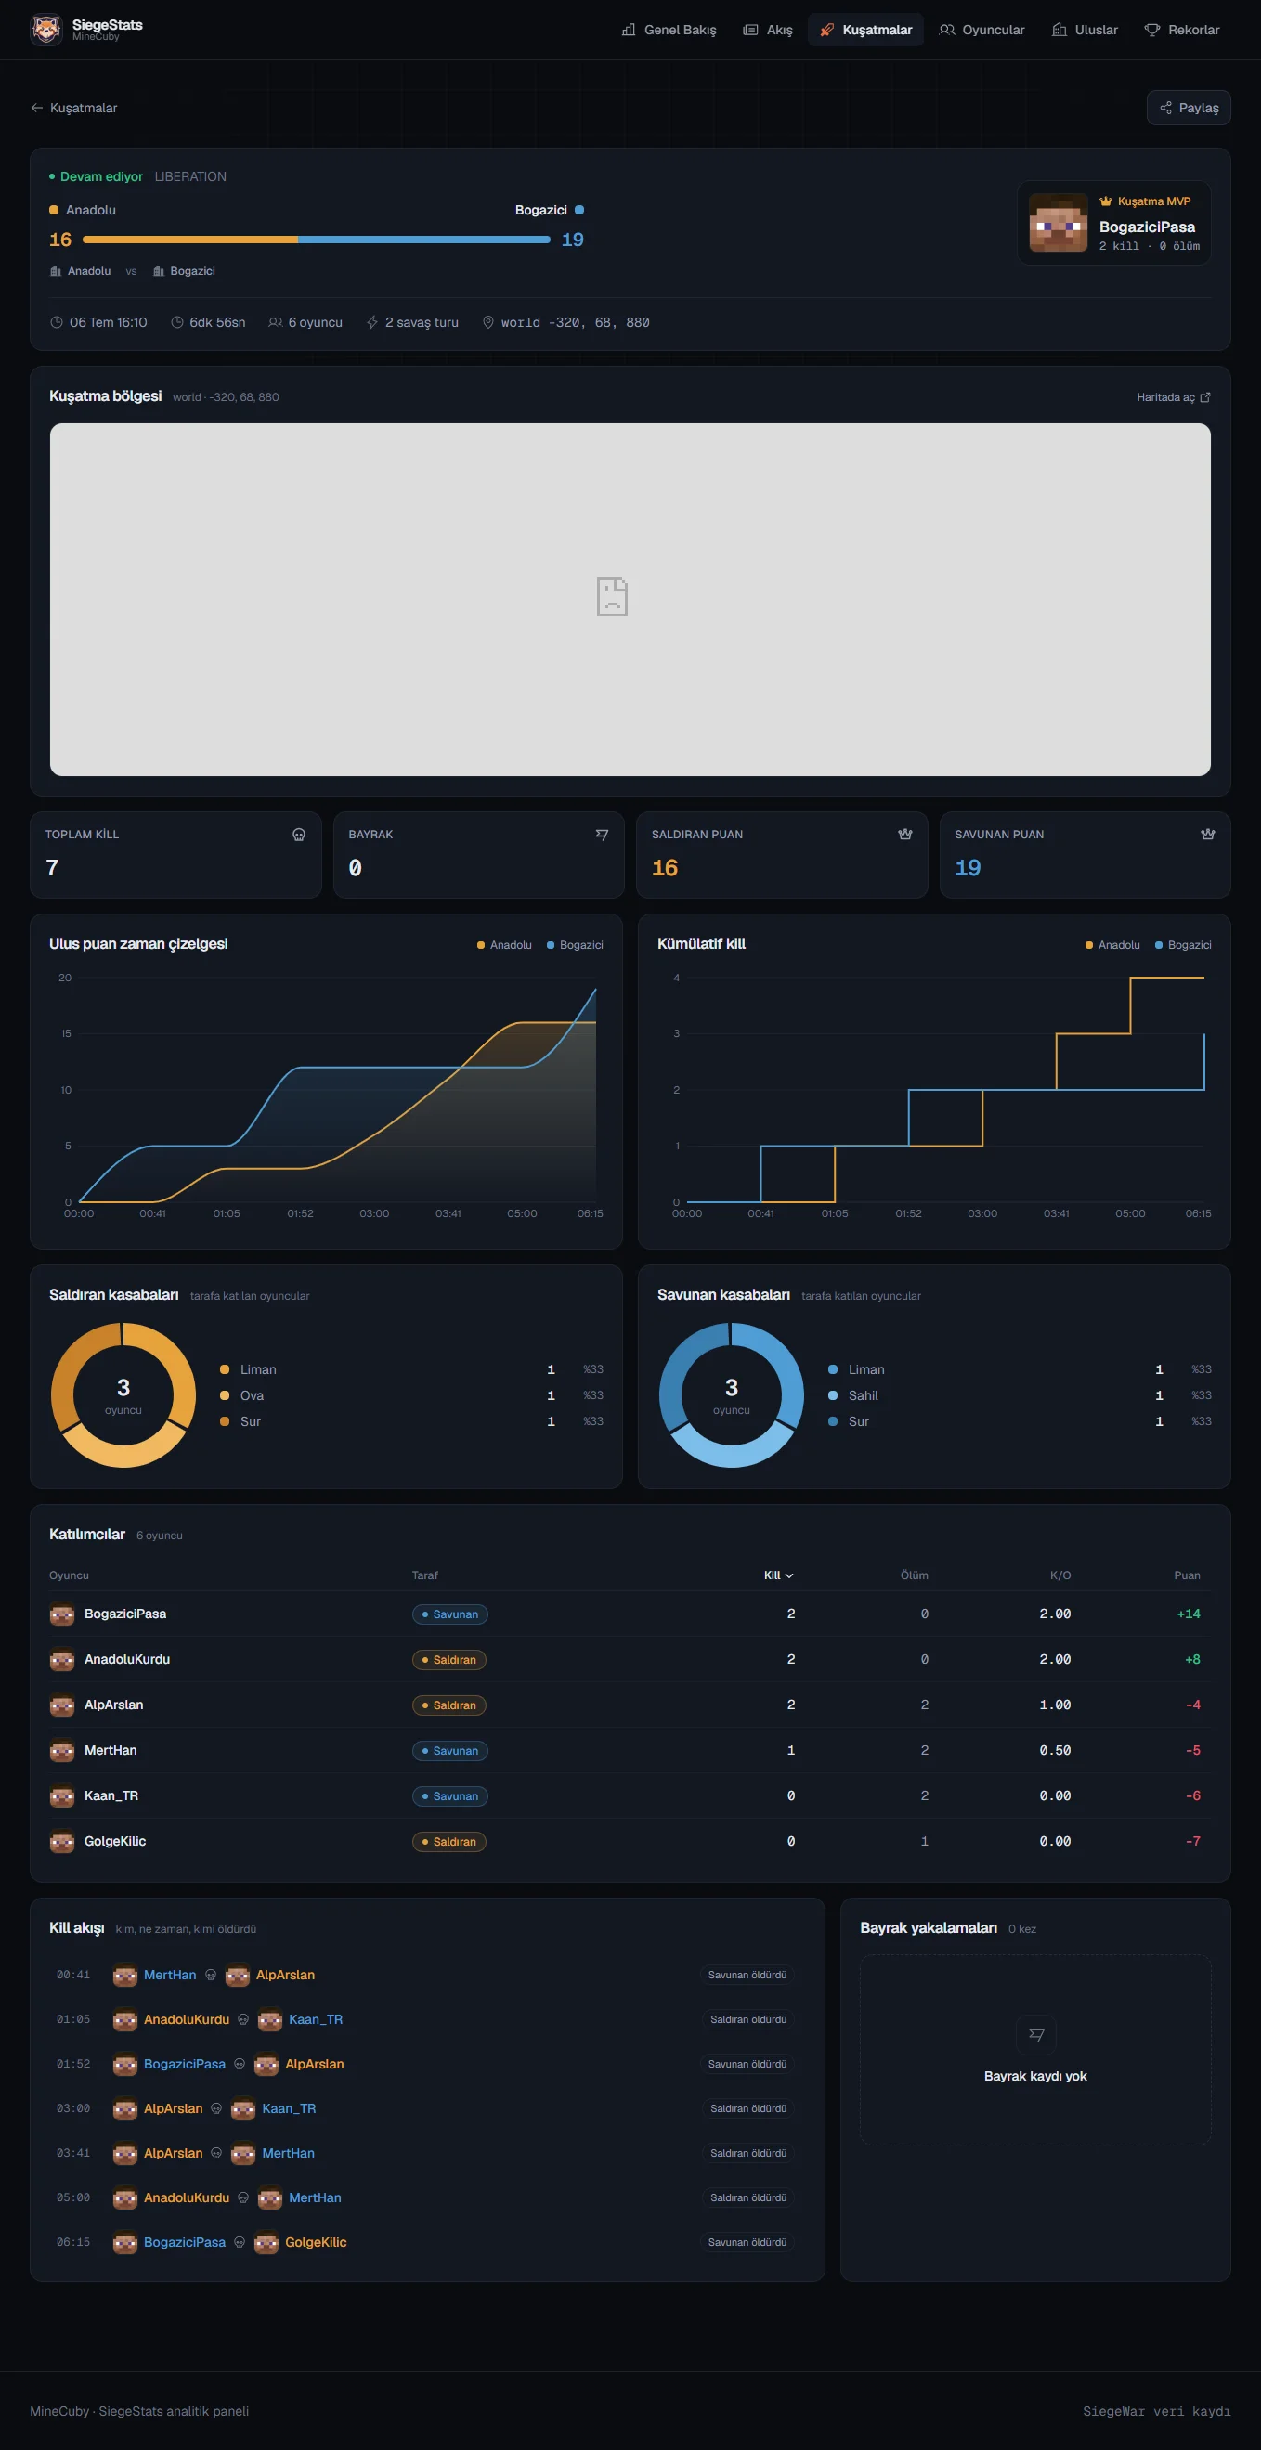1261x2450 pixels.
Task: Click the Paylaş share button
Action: click(x=1188, y=108)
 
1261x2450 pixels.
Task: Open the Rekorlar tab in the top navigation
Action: click(x=1181, y=30)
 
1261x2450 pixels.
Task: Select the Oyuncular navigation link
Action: click(x=981, y=30)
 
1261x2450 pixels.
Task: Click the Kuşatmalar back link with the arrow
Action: click(x=74, y=108)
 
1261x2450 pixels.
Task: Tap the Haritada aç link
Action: click(x=1174, y=396)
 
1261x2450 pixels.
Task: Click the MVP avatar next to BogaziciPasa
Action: click(x=1058, y=223)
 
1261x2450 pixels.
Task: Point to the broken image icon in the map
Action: click(x=612, y=596)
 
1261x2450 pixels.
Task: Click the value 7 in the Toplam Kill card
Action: click(x=52, y=867)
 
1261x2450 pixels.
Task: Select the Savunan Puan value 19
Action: click(x=968, y=867)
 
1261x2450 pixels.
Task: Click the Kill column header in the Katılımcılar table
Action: click(x=778, y=1575)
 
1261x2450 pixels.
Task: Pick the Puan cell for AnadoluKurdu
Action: click(x=1191, y=1659)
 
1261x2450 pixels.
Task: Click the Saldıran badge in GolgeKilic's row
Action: click(x=448, y=1841)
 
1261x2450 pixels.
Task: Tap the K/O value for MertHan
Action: click(x=1055, y=1750)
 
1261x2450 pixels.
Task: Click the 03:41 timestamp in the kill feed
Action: click(x=73, y=2152)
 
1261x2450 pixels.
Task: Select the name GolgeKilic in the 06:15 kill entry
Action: click(x=316, y=2242)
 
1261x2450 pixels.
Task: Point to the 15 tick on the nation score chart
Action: click(x=66, y=1033)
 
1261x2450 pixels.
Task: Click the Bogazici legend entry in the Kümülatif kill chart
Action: click(x=1183, y=944)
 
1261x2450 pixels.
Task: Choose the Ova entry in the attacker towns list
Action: click(x=251, y=1395)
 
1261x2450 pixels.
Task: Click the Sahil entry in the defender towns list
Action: click(x=863, y=1395)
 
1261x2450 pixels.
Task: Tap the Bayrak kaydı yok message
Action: click(x=1034, y=2075)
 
